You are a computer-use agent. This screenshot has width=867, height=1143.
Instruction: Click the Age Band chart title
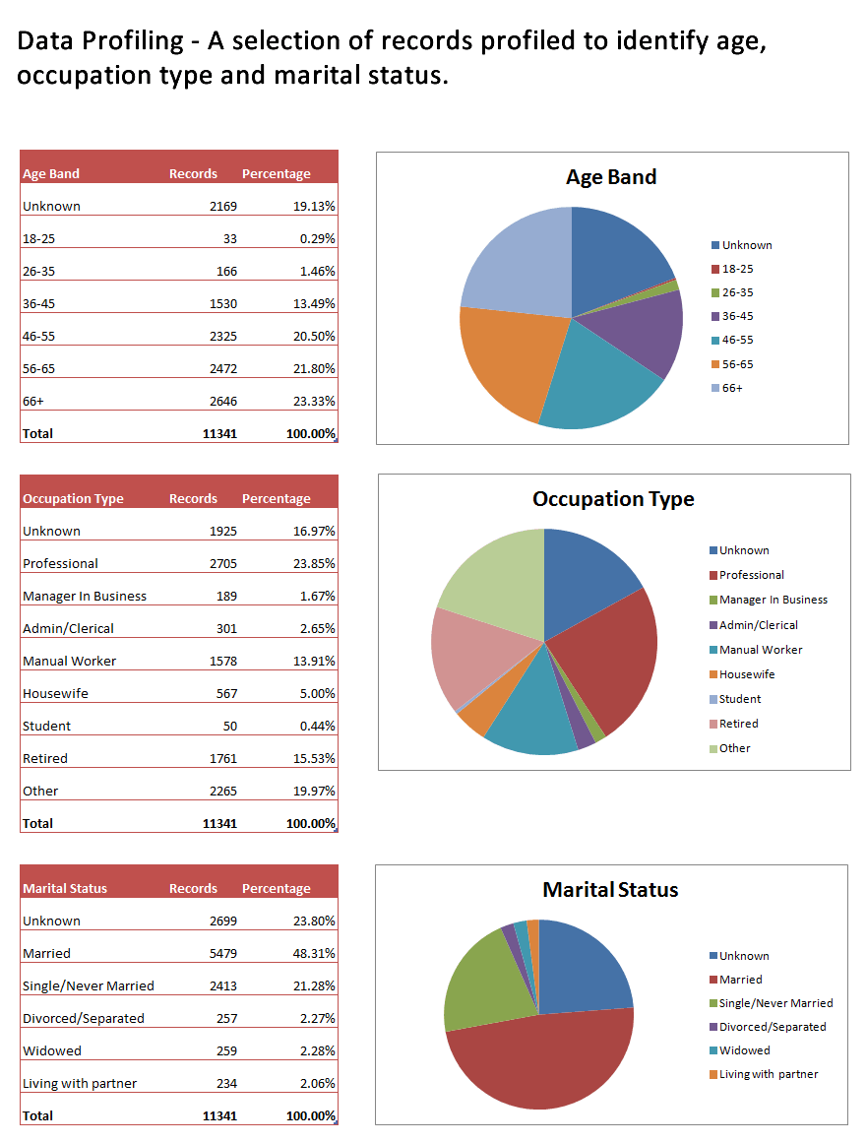point(610,177)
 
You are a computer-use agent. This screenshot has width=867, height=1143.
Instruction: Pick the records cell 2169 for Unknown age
point(222,207)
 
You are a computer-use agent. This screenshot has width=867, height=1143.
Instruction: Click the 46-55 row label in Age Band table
point(40,337)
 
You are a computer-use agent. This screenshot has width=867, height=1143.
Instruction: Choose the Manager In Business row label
point(85,597)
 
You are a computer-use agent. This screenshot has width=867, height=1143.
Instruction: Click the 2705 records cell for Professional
point(222,564)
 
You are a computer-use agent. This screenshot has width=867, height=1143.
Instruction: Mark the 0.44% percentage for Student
point(316,727)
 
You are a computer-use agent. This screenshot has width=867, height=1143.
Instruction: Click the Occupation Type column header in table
point(73,499)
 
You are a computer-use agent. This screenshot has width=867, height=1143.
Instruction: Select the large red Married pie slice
point(541,1068)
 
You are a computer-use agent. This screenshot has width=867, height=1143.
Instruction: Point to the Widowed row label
point(52,1051)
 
